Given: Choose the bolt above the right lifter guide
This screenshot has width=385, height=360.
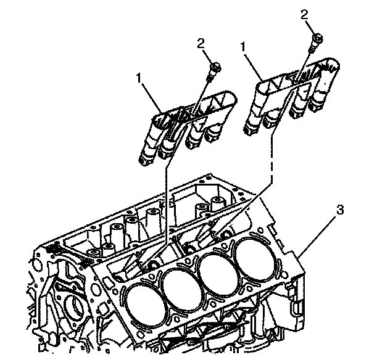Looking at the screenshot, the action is (317, 41).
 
